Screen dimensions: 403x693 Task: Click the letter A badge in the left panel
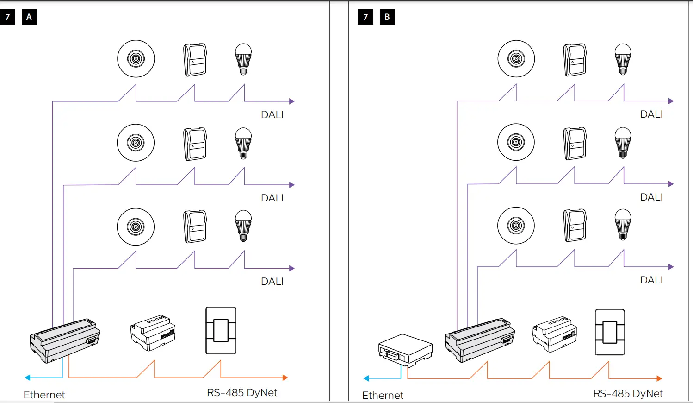tap(29, 17)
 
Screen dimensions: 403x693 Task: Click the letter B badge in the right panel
tap(387, 17)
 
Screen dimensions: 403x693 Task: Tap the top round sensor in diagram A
tap(136, 59)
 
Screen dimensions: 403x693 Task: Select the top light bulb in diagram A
tap(243, 59)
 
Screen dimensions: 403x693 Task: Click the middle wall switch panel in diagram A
tap(195, 144)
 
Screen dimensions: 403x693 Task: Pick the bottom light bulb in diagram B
tap(623, 225)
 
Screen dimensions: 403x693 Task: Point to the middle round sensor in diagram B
tap(516, 142)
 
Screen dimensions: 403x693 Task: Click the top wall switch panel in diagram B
tap(575, 60)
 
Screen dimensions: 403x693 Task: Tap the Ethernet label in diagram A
tap(44, 395)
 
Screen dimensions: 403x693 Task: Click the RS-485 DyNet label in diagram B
tap(628, 393)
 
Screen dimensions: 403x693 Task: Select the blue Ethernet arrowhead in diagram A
tap(28, 378)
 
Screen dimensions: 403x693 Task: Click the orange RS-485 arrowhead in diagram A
tap(285, 378)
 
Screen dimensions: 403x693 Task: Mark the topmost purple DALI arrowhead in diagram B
tap(671, 101)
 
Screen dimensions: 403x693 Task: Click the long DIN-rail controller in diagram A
tap(65, 340)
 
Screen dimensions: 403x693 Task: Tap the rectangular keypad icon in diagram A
tap(221, 330)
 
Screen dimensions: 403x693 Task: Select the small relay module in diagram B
tap(554, 334)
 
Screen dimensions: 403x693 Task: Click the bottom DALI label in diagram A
tap(272, 281)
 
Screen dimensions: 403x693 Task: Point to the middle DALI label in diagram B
tap(651, 197)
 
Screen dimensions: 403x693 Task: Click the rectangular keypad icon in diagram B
tap(610, 332)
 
